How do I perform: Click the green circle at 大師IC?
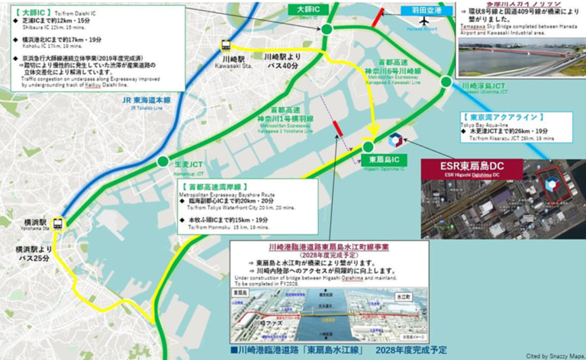(326, 29)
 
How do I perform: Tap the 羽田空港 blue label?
(422, 11)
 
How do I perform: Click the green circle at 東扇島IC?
(368, 146)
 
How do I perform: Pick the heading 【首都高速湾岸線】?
(216, 186)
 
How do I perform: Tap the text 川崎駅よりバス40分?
(283, 63)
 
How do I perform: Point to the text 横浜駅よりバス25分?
(31, 255)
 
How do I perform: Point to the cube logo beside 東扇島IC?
(394, 141)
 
